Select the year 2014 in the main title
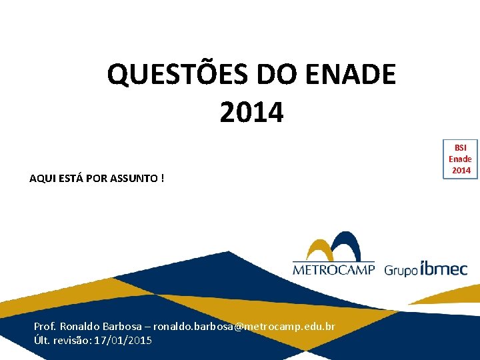tap(251, 112)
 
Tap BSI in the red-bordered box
tap(461, 148)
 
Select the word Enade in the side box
tap(460, 159)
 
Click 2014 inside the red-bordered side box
tap(461, 170)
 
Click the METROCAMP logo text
tap(333, 270)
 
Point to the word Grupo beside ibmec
tap(401, 270)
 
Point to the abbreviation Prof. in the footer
tap(45, 327)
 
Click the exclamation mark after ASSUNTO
tap(163, 178)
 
